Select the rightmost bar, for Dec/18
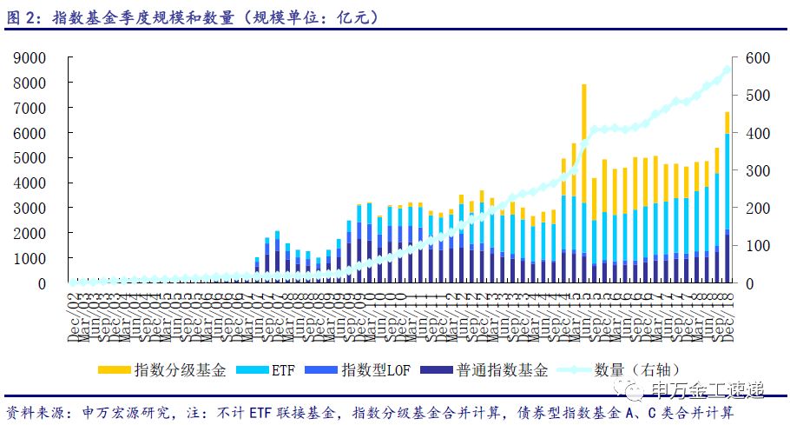tap(727, 200)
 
